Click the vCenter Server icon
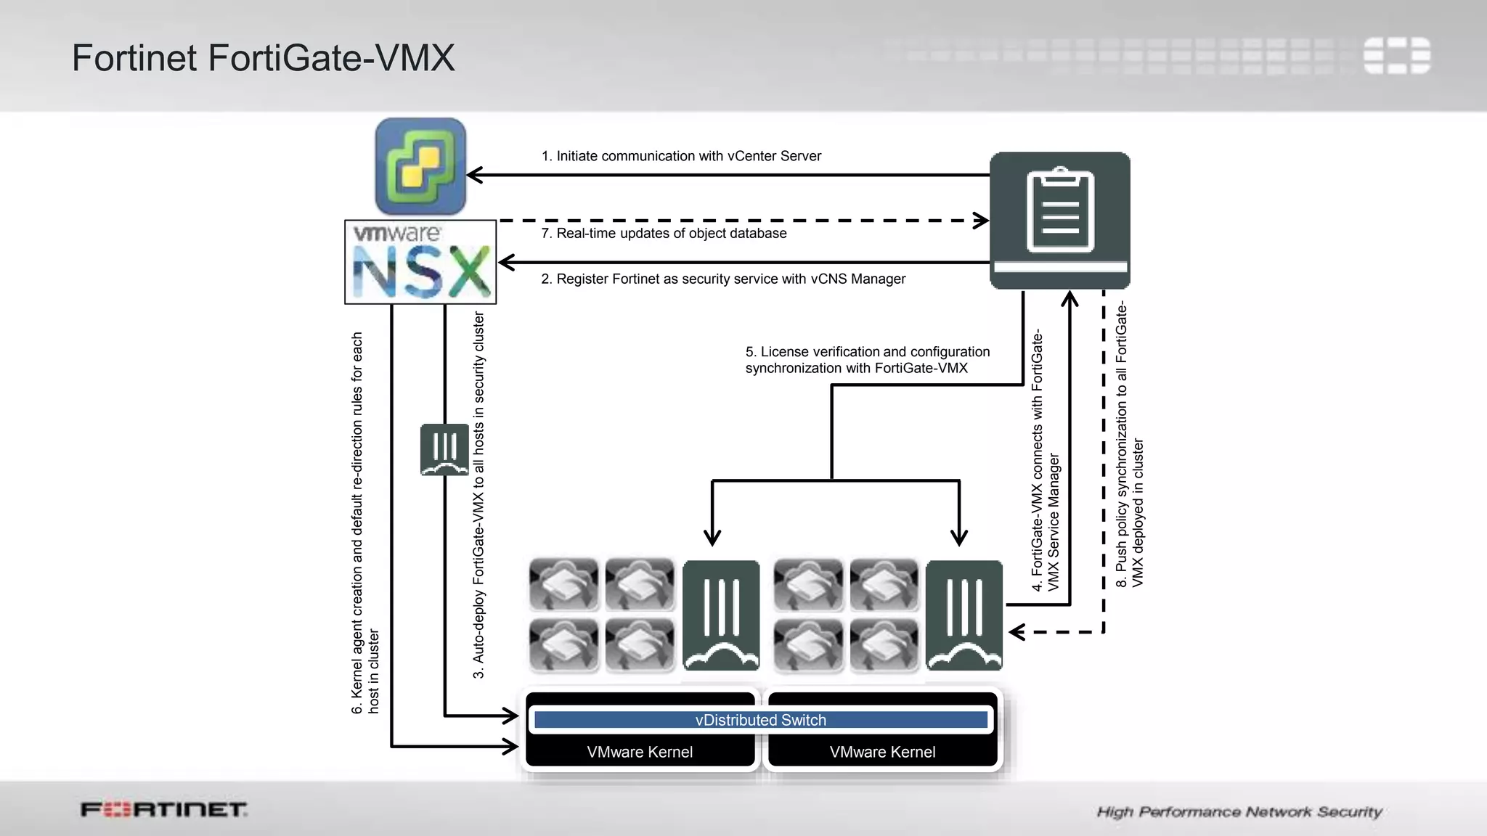point(420,166)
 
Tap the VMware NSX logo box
point(420,262)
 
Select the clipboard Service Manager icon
point(1060,220)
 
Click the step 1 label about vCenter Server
point(681,156)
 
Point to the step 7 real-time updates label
point(664,233)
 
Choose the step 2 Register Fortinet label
point(723,279)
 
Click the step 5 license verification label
point(867,360)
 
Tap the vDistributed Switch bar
point(760,720)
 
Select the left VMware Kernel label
point(640,752)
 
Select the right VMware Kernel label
point(882,752)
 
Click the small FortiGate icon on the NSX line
point(444,450)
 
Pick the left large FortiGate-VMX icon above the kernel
point(721,615)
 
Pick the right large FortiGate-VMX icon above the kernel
point(964,615)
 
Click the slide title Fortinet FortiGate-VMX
point(263,58)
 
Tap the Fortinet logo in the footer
point(163,809)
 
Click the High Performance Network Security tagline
point(1239,811)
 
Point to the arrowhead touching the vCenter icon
point(474,175)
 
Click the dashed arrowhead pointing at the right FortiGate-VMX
point(1016,632)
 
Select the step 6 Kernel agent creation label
point(364,522)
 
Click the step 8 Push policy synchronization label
point(1129,444)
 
